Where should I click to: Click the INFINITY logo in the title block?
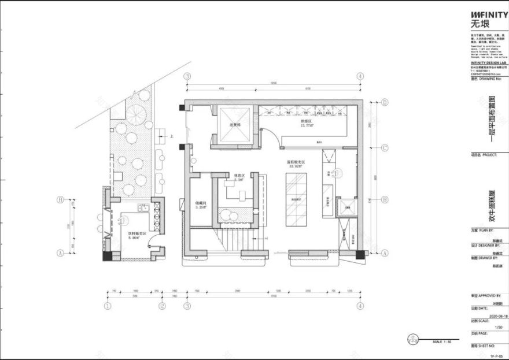[x=489, y=14]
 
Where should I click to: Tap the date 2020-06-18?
[x=498, y=317]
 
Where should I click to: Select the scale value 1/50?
[x=499, y=327]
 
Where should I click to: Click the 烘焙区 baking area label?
[x=306, y=123]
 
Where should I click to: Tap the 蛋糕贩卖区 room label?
[x=296, y=164]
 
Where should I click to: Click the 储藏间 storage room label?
[x=201, y=203]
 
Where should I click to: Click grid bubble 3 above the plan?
[x=187, y=76]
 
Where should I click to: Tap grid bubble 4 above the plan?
[x=360, y=76]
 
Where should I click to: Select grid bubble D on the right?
[x=385, y=102]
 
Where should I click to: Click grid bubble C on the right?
[x=385, y=147]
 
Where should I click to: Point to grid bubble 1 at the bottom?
[x=108, y=306]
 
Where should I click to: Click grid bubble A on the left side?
[x=60, y=253]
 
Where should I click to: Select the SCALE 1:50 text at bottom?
[x=441, y=342]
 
